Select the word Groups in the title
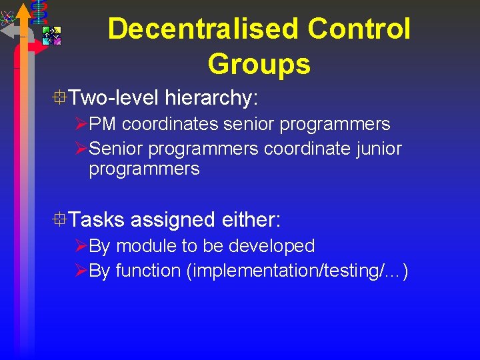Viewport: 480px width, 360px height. tap(259, 64)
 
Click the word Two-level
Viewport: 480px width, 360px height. tap(113, 99)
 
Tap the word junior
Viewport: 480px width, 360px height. tap(377, 148)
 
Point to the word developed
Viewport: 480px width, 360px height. tap(271, 246)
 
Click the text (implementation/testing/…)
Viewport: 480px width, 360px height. tap(297, 271)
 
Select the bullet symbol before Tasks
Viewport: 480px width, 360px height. tap(61, 219)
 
